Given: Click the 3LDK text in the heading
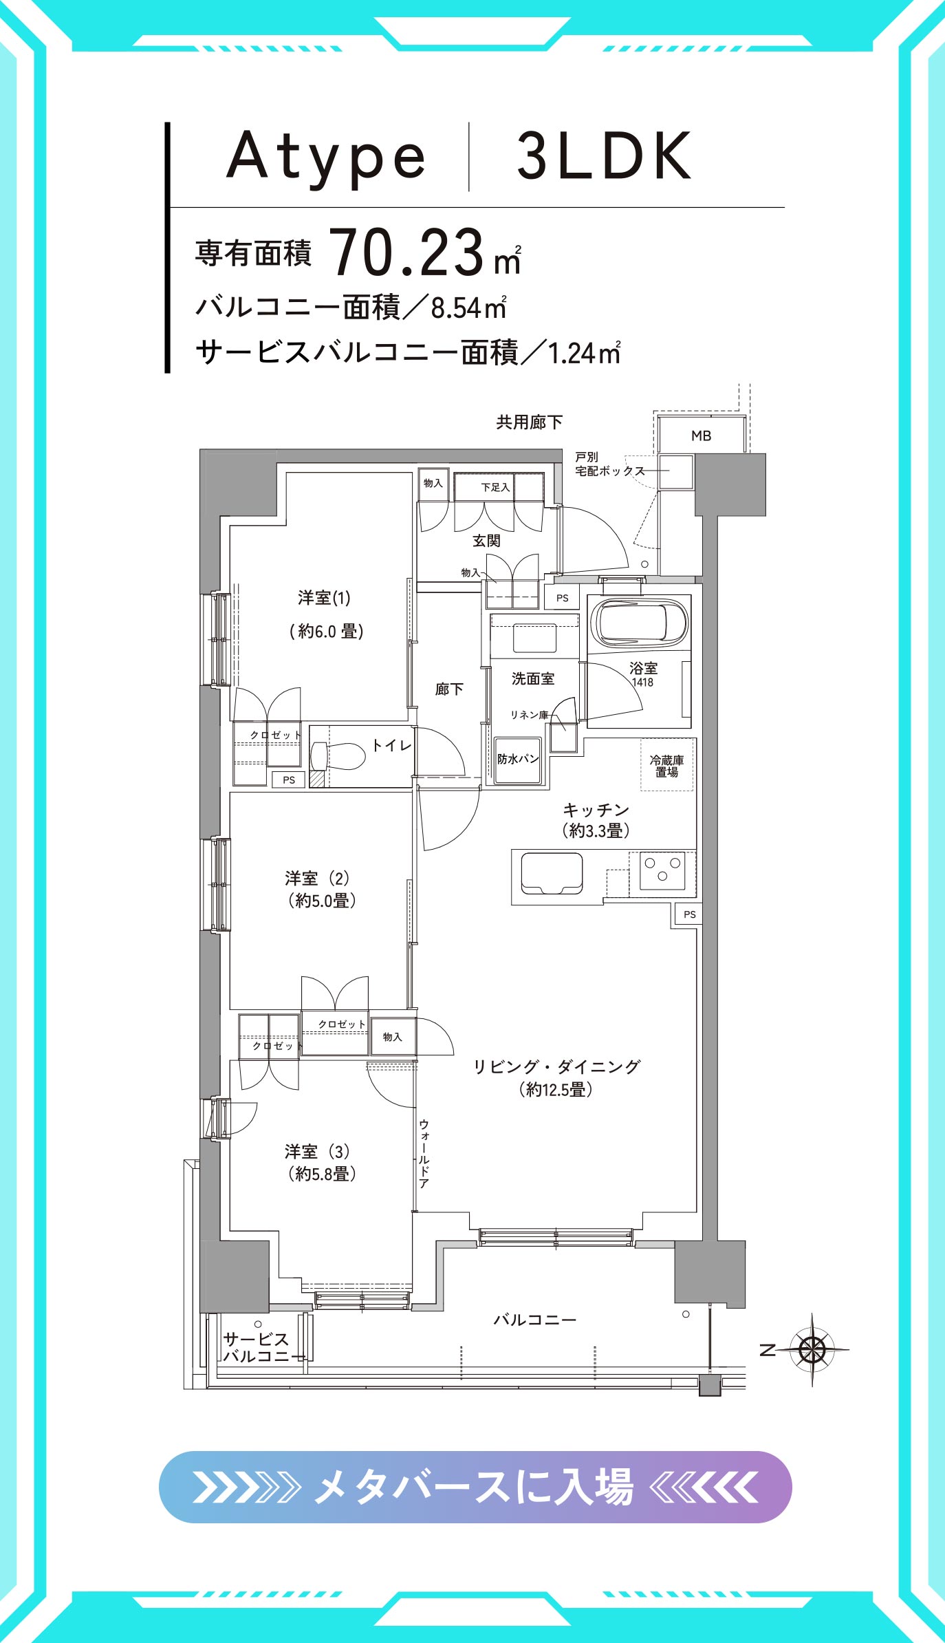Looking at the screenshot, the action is [x=604, y=156].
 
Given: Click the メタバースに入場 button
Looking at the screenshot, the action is [x=475, y=1487].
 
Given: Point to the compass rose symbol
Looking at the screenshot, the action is [x=812, y=1349].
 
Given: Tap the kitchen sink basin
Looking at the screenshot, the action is [x=552, y=873].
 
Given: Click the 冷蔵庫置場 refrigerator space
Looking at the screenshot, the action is [x=666, y=765].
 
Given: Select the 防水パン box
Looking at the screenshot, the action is [x=518, y=760].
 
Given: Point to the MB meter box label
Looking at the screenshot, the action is [x=701, y=436].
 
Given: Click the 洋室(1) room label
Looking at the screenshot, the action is [x=325, y=597].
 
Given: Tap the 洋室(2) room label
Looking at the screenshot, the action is [x=318, y=878].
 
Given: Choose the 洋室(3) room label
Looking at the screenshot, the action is [x=318, y=1151].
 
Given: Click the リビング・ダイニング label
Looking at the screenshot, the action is [x=556, y=1066].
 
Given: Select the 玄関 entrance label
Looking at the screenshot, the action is [x=486, y=541].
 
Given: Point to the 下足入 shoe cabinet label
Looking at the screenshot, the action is [x=495, y=487].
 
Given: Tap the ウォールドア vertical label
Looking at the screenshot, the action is [x=424, y=1154].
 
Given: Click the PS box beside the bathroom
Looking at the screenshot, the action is [x=563, y=598].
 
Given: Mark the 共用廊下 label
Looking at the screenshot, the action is [x=530, y=422].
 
